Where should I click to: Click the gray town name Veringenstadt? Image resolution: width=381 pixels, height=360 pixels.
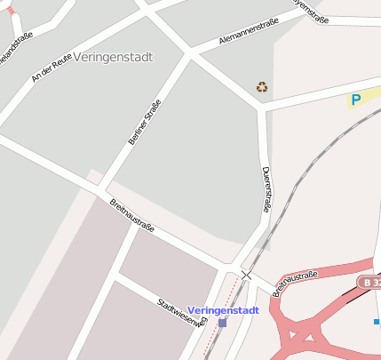[115, 57]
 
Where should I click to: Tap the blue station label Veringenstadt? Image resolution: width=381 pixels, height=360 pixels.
[223, 310]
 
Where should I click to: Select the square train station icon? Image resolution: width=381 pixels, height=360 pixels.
[222, 323]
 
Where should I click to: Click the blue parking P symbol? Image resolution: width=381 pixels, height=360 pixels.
[356, 100]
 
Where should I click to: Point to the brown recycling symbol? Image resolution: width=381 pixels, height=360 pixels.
[262, 86]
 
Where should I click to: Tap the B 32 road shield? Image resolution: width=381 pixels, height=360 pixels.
[369, 282]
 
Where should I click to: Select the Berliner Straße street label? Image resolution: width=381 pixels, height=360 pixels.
[145, 122]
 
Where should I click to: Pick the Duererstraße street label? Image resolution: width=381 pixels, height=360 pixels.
[265, 189]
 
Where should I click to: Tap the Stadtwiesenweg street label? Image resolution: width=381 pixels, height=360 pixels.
[182, 313]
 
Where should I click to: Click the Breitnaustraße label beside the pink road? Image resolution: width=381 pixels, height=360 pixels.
[295, 283]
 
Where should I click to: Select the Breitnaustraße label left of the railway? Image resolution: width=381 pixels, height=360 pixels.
[132, 215]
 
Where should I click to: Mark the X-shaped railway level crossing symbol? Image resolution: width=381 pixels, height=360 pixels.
[246, 276]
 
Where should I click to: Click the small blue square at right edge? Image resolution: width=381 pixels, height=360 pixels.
[377, 321]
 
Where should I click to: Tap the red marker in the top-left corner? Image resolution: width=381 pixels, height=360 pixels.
[10, 11]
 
